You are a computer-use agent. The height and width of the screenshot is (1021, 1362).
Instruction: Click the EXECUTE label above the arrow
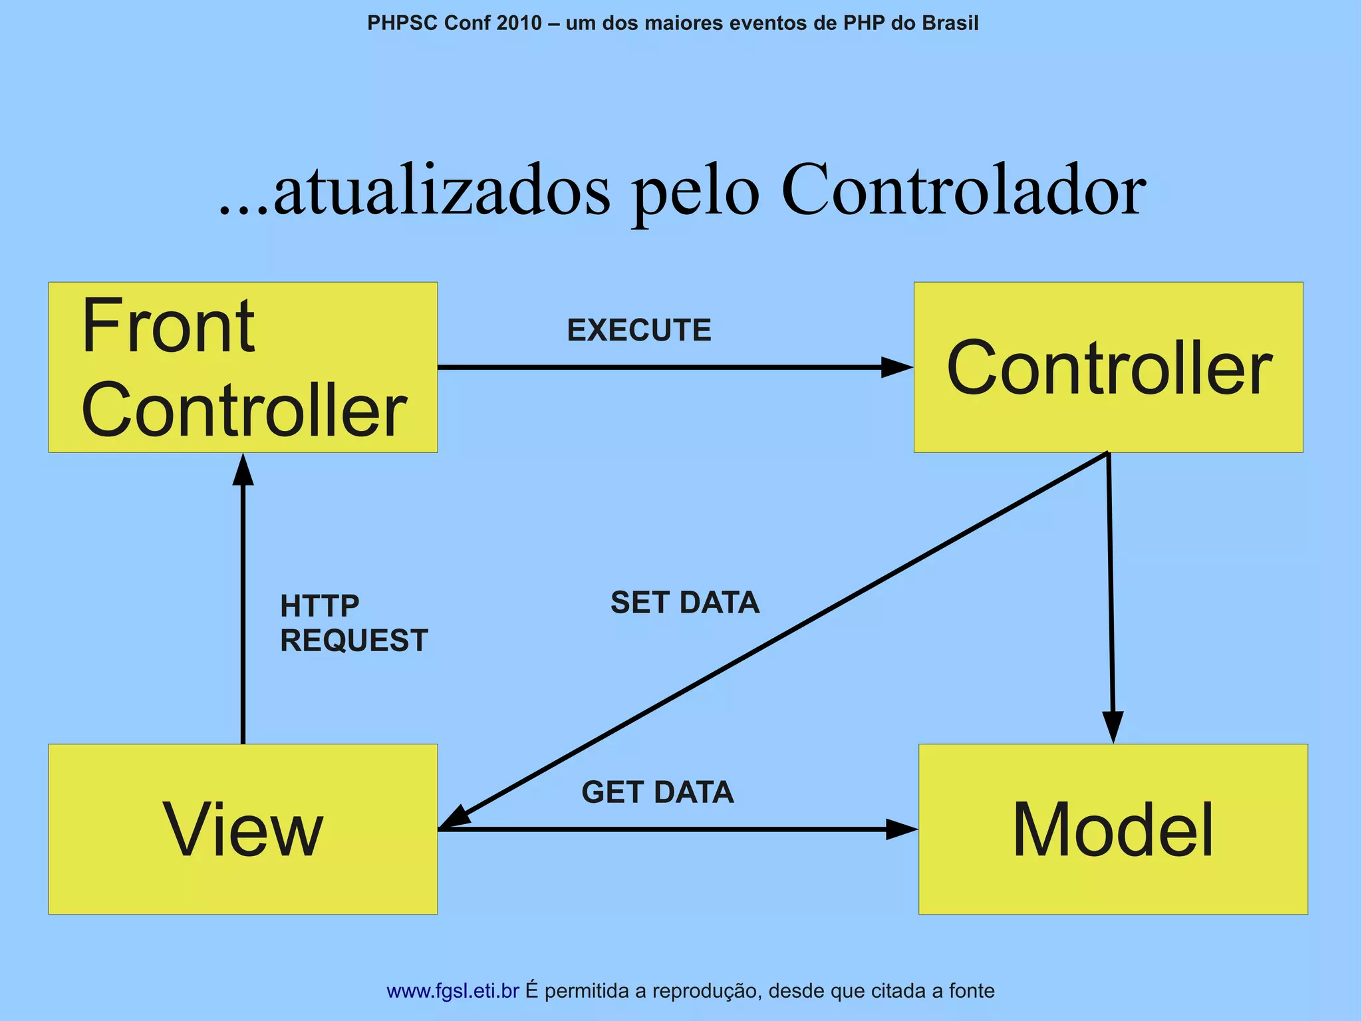click(x=638, y=331)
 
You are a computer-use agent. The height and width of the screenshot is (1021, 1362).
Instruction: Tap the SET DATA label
click(x=684, y=603)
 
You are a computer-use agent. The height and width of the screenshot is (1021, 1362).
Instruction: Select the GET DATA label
click(x=657, y=792)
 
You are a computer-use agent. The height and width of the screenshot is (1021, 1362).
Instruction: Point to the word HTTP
click(x=319, y=606)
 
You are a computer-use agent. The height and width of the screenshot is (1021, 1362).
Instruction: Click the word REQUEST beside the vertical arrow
click(x=353, y=641)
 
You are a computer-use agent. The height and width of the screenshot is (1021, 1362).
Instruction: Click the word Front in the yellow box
click(x=168, y=327)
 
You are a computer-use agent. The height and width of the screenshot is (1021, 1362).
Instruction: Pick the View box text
click(x=243, y=830)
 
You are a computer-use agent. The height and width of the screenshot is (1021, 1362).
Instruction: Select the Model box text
click(x=1113, y=830)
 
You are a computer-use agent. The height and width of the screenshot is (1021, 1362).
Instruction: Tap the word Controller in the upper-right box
click(x=1109, y=368)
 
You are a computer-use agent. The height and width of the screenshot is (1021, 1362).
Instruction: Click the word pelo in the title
click(x=695, y=193)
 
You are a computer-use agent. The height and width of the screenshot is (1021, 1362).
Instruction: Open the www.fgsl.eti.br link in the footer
click(x=452, y=991)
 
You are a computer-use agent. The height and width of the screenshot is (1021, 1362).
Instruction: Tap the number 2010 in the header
click(x=519, y=23)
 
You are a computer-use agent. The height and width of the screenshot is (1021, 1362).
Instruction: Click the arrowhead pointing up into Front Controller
click(x=243, y=470)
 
